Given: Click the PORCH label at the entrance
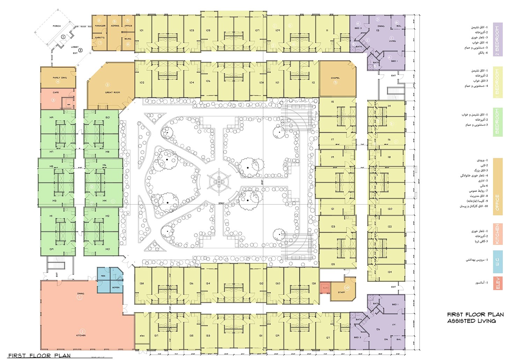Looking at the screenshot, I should [57, 26].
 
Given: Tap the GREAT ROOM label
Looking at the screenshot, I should [112, 93].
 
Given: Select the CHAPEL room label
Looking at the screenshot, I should [335, 78].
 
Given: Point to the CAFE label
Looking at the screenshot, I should [56, 93].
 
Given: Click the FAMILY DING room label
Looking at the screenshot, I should [60, 78].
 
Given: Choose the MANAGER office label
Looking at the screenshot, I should [100, 26].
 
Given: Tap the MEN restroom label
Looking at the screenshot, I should [103, 276].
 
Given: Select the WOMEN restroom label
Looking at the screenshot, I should [116, 287].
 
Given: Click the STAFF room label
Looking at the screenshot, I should [341, 292].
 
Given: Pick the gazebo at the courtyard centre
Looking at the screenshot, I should [219, 182].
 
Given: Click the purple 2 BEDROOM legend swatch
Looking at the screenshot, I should [497, 39].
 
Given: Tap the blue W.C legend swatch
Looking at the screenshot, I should [497, 261].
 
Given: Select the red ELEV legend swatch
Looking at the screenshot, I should [497, 283].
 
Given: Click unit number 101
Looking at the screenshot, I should [141, 30].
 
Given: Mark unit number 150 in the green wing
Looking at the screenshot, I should [107, 117].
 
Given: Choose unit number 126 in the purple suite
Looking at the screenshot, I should [378, 329].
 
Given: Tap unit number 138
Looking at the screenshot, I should [141, 283].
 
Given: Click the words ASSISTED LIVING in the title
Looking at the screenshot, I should [471, 321].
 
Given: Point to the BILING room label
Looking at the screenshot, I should [128, 39].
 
